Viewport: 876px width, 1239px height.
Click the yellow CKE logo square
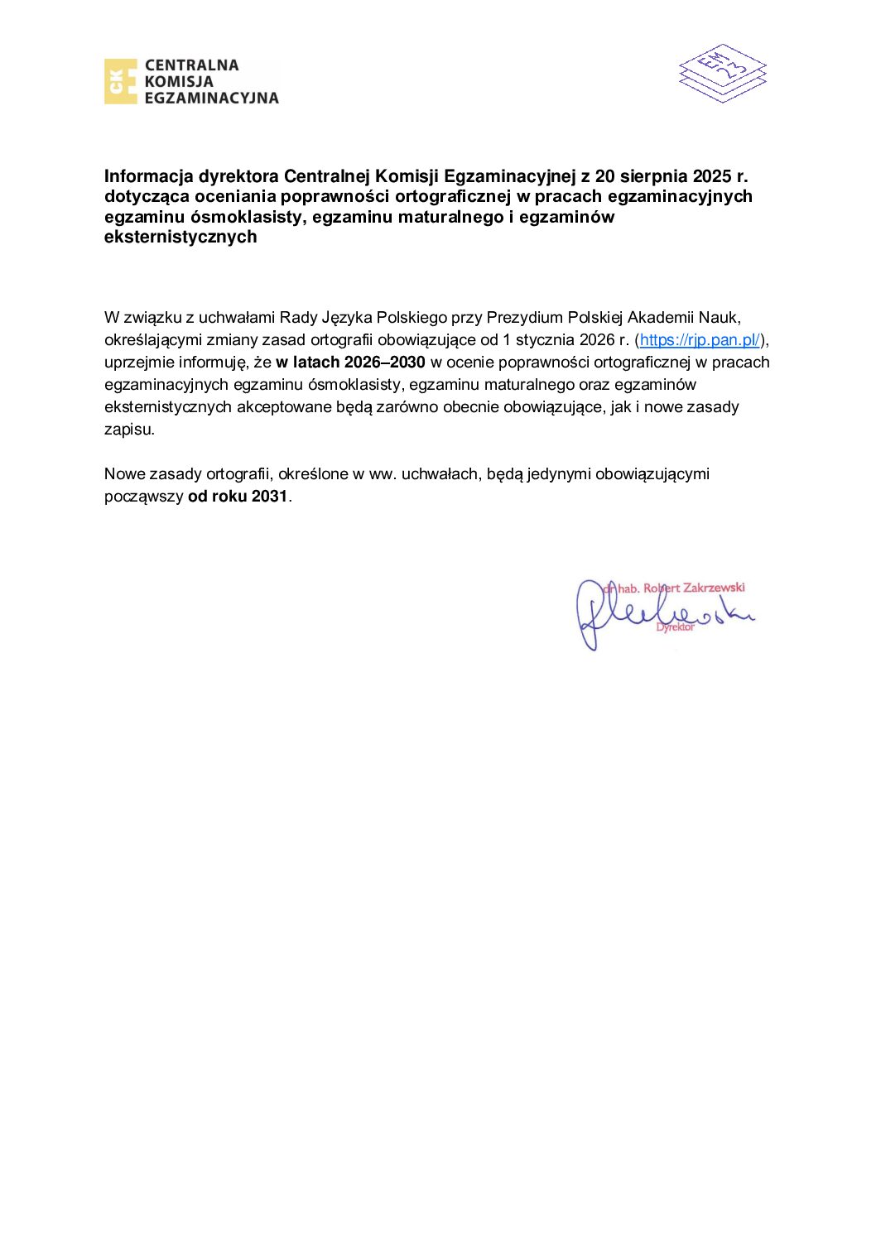(x=120, y=81)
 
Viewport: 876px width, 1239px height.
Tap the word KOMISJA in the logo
(x=179, y=81)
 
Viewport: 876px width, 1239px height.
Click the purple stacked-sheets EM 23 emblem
(x=722, y=73)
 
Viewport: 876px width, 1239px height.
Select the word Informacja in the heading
(x=149, y=176)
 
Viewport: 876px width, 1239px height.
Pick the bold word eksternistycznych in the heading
(x=180, y=237)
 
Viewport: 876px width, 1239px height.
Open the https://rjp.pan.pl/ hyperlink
(x=700, y=340)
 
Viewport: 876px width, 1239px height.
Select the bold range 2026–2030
(x=384, y=363)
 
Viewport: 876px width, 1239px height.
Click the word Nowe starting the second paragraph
(x=124, y=474)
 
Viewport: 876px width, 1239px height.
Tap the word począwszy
(x=144, y=497)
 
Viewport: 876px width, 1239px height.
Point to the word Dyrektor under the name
(x=675, y=627)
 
